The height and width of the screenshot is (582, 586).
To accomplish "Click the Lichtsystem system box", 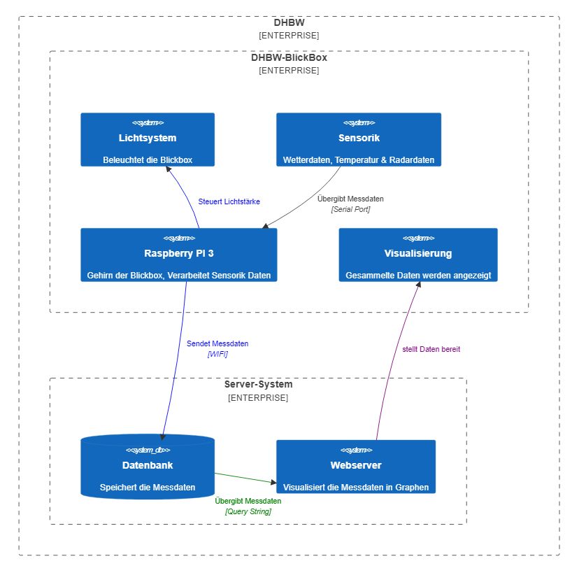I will tap(148, 139).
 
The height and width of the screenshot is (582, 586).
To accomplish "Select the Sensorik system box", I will tap(358, 139).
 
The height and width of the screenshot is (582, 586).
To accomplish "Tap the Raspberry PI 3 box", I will tap(178, 255).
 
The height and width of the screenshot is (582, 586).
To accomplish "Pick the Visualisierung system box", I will tap(418, 255).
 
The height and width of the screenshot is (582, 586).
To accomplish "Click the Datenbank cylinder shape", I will tap(148, 467).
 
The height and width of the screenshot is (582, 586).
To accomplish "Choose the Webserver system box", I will tap(355, 467).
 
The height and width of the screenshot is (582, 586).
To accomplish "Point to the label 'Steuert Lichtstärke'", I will tap(229, 201).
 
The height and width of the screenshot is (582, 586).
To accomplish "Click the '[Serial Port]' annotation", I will tap(350, 209).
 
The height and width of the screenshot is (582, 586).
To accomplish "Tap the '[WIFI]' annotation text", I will tap(217, 354).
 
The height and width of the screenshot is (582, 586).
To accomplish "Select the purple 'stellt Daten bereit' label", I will tap(431, 349).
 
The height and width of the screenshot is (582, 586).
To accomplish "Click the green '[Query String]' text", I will tap(248, 511).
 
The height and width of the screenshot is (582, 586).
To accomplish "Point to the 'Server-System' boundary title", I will tap(258, 385).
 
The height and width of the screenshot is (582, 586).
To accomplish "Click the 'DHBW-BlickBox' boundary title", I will tap(289, 57).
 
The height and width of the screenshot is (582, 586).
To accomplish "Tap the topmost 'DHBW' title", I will tap(289, 22).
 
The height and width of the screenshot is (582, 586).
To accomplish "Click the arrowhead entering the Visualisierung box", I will tap(418, 285).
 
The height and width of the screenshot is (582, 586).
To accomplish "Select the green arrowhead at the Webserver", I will tap(273, 481).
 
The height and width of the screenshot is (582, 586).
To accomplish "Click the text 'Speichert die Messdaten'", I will tap(148, 488).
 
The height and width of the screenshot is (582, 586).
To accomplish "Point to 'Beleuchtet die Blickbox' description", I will tap(148, 160).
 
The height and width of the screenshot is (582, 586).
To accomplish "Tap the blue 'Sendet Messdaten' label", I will tap(217, 343).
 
